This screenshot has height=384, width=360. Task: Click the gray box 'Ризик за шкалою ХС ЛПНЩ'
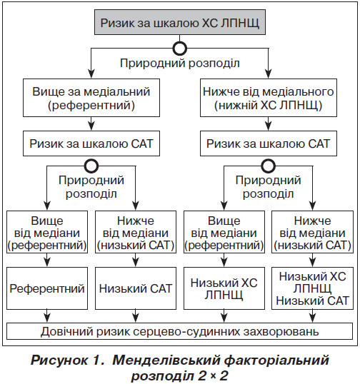click(180, 22)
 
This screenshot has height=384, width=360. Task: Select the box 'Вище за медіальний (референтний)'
click(91, 98)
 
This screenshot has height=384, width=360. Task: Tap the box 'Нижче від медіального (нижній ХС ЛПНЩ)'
click(269, 98)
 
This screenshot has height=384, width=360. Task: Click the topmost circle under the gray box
click(179, 49)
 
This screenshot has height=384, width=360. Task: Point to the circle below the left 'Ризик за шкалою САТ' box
click(91, 166)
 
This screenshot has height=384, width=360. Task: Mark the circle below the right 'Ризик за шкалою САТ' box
click(269, 166)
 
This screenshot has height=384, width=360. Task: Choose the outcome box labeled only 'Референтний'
click(47, 288)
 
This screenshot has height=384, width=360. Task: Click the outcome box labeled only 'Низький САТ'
click(136, 288)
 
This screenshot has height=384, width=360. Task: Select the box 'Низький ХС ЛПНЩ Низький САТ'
click(312, 288)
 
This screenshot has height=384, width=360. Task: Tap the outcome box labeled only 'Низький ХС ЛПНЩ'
click(224, 288)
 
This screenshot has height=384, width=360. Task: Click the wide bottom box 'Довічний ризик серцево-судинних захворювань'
click(179, 331)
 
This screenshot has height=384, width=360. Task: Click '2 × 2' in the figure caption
click(213, 376)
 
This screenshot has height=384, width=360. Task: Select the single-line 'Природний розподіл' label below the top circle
click(179, 64)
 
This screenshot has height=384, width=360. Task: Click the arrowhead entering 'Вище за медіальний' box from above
click(91, 74)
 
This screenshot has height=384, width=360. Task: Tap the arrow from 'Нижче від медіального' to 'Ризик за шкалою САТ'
click(269, 123)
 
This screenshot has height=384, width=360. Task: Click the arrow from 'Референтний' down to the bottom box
click(47, 316)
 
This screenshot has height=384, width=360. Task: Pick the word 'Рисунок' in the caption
click(59, 360)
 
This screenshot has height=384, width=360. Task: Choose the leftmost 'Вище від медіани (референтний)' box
click(47, 232)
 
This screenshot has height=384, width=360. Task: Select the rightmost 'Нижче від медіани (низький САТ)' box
click(312, 232)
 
